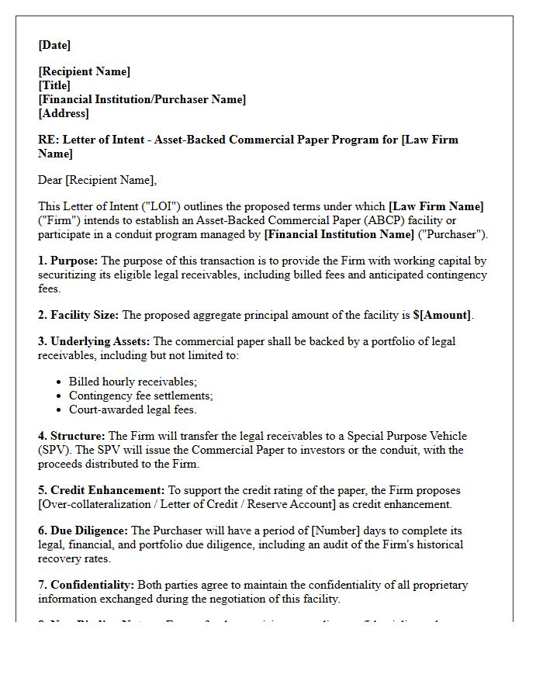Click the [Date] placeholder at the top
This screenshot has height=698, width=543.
(x=54, y=45)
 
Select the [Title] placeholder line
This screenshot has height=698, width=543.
(x=54, y=85)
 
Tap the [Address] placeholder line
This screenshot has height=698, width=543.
(x=64, y=113)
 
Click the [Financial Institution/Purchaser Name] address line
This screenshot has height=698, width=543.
(x=142, y=99)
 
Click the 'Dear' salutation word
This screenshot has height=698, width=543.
(x=50, y=180)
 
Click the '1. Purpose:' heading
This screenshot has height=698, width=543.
(x=68, y=261)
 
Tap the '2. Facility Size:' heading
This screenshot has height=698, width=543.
(x=78, y=315)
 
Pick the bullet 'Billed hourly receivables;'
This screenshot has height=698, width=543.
(x=133, y=382)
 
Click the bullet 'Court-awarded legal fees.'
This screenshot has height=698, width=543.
(x=133, y=409)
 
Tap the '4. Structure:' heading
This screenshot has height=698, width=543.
(x=72, y=436)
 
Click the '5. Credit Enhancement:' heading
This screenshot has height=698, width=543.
(x=102, y=490)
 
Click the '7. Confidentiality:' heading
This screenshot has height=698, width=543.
(x=86, y=585)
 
